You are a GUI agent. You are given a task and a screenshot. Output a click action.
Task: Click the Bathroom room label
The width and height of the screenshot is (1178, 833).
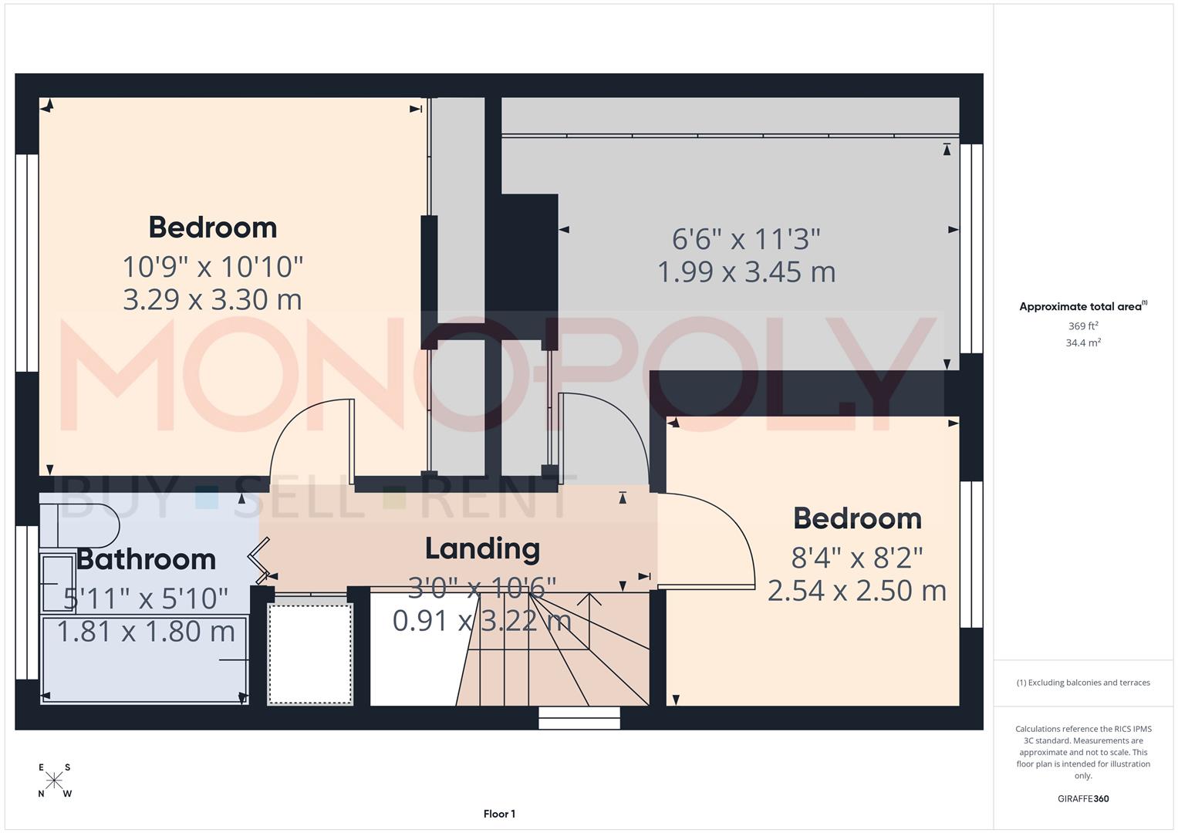(x=146, y=559)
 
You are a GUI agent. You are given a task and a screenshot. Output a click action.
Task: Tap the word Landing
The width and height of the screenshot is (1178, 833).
(x=482, y=548)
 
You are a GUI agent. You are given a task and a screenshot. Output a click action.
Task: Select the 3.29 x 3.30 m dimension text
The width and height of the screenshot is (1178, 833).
(x=212, y=299)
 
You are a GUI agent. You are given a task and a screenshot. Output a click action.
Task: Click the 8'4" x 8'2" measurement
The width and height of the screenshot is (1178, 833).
(x=857, y=556)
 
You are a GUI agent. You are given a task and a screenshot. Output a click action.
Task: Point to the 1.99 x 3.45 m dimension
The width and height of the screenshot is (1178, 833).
(x=746, y=271)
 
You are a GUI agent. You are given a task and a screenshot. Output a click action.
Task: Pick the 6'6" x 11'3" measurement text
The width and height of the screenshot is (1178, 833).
(x=746, y=239)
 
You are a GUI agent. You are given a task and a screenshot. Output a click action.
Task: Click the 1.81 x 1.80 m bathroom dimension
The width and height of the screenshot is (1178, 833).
(x=146, y=632)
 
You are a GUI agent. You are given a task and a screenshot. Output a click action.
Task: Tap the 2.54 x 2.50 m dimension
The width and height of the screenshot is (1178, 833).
(x=857, y=591)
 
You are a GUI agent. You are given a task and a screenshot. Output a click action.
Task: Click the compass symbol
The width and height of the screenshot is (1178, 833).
(x=54, y=780)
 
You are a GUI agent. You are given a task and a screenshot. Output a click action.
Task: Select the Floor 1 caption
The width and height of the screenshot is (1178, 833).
(x=499, y=814)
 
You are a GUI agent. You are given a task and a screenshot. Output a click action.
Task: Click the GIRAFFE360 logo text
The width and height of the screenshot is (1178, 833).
(x=1082, y=798)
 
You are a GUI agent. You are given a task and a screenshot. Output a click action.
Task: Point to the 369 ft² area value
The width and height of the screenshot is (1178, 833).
(x=1082, y=326)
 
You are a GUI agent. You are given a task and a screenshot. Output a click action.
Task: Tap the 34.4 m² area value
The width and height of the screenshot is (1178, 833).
(x=1082, y=343)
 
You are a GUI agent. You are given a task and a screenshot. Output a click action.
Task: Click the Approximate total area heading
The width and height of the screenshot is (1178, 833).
(x=1082, y=306)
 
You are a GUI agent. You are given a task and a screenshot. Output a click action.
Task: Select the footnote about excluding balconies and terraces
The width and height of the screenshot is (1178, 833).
(x=1082, y=683)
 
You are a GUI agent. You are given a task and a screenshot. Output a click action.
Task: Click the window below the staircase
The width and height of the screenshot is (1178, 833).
(x=579, y=718)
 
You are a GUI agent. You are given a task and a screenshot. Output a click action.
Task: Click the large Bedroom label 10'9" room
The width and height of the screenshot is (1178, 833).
(x=212, y=228)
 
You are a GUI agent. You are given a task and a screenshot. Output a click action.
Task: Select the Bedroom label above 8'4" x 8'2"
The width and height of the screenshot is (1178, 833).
(x=857, y=518)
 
